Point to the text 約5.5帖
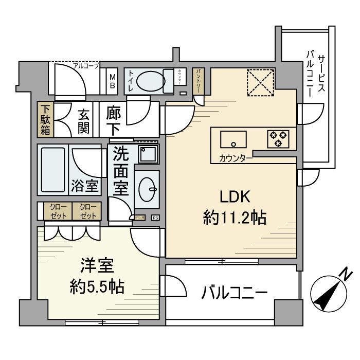(96, 287)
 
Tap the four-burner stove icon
(278, 138)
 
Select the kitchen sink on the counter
(233, 139)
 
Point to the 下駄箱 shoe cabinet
(46, 120)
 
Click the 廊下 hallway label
(114, 120)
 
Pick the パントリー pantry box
(199, 81)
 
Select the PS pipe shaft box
(155, 218)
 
